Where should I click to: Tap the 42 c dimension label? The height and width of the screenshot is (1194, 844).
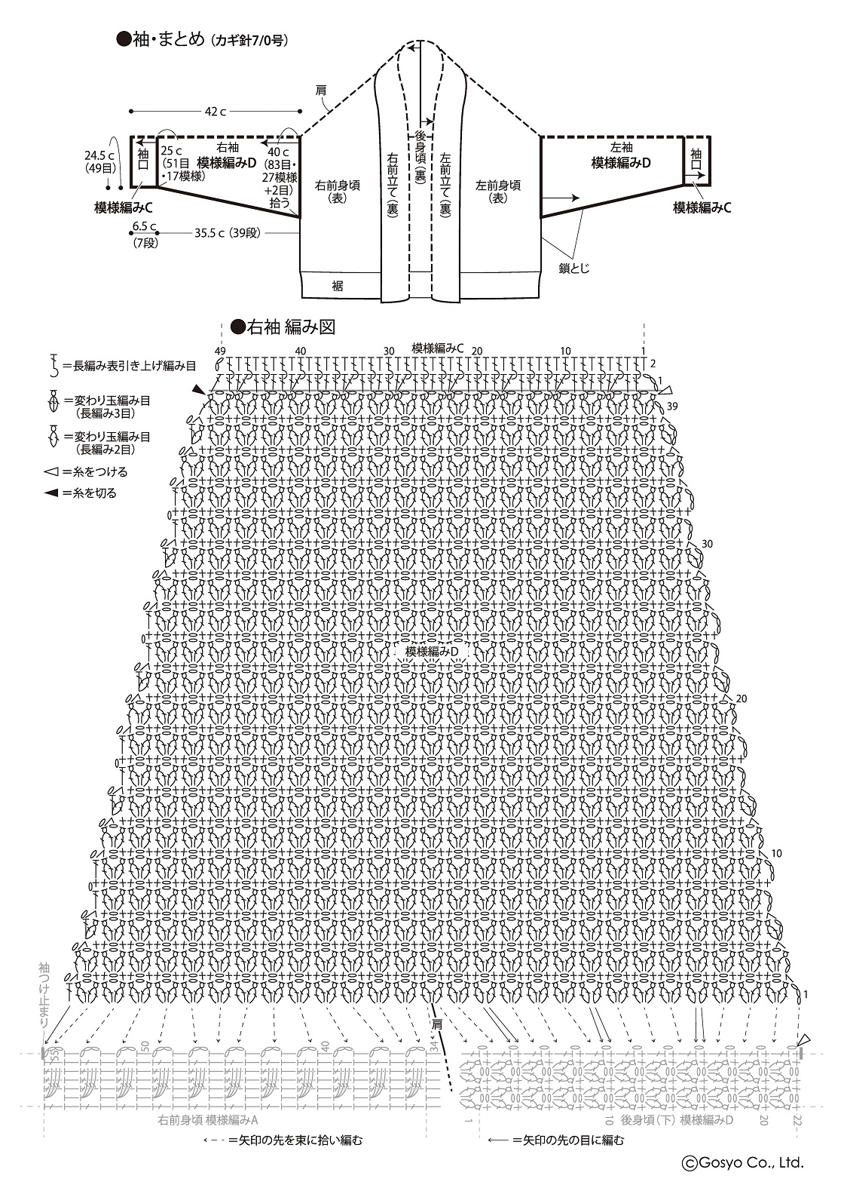coord(216,112)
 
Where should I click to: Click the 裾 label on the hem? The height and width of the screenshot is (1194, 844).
coord(338,286)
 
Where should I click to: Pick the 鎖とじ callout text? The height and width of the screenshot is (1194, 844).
coord(574,267)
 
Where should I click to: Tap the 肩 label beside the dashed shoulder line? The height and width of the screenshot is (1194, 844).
coord(321,91)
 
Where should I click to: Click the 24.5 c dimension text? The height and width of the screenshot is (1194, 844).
coord(98,155)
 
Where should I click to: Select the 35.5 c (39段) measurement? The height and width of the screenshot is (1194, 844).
coord(227,233)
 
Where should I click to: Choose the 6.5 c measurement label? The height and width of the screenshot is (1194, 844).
coord(144,226)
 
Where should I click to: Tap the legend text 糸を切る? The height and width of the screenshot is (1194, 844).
coord(90,493)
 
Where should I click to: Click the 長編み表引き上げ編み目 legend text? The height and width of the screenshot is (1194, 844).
coord(130,366)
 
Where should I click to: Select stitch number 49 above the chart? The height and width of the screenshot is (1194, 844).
coord(219,351)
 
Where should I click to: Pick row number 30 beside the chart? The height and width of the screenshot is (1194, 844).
coord(707,544)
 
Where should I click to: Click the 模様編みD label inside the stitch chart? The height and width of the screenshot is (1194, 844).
coord(432,651)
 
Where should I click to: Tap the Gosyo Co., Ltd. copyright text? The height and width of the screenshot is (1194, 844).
coord(742,1163)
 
